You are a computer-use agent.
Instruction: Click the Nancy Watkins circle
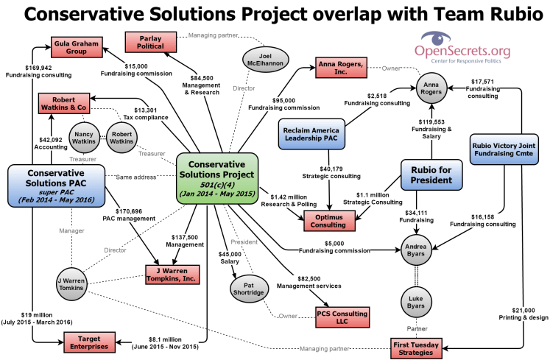[83, 137]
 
